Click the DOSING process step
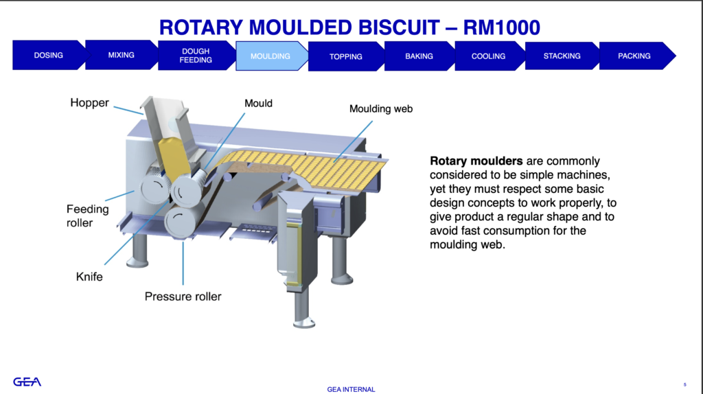(49, 55)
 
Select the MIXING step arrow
(121, 55)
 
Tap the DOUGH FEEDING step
(196, 56)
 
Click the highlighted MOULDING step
(270, 56)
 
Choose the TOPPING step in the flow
(346, 56)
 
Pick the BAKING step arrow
(419, 56)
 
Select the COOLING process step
(488, 56)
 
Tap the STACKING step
(562, 56)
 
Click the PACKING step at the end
(634, 56)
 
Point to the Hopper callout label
(90, 103)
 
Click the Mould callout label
(258, 104)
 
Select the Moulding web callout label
(381, 109)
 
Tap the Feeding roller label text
(88, 216)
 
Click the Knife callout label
(89, 277)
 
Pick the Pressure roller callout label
(183, 297)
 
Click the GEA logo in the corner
(27, 382)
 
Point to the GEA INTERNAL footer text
(351, 389)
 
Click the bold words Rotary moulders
(476, 161)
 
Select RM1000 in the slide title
(502, 27)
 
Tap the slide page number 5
(684, 384)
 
